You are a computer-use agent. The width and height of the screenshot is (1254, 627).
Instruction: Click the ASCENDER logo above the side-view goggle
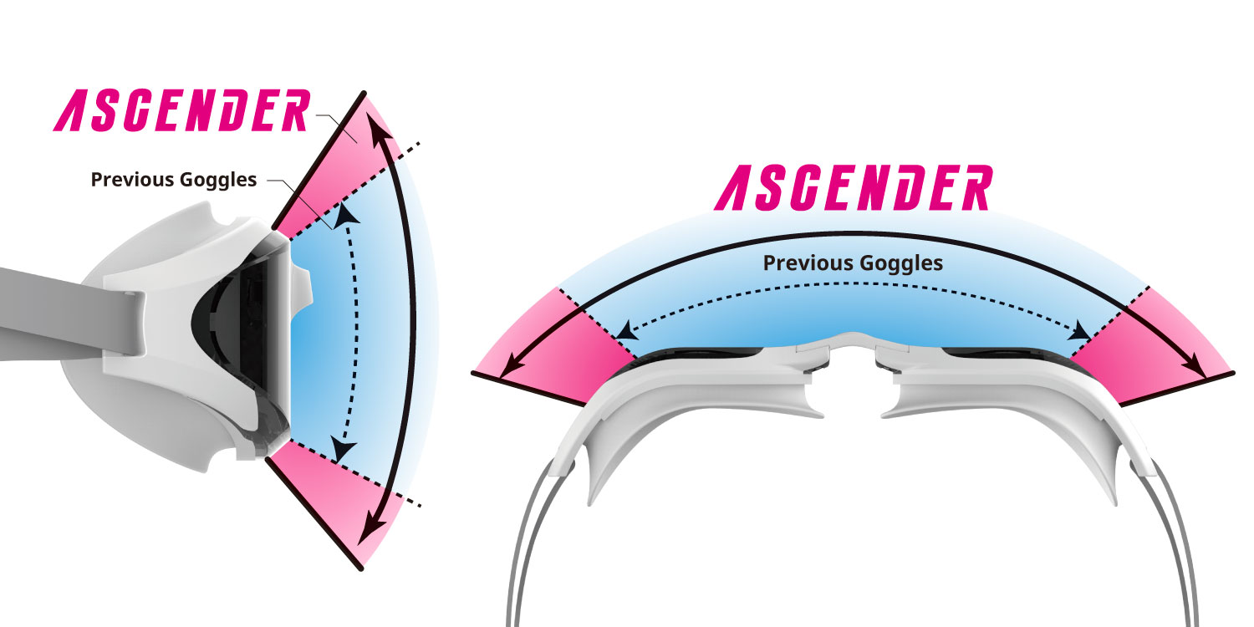[182, 110]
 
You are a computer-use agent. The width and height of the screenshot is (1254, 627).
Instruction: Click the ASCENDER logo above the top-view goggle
[854, 187]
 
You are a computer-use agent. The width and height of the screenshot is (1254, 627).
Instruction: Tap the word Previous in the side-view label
[132, 179]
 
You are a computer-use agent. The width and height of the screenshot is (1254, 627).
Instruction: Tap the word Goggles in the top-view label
[901, 263]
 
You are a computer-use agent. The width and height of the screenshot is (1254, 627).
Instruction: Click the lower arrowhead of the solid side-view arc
[371, 530]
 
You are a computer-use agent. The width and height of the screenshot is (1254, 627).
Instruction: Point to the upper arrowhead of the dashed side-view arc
[347, 216]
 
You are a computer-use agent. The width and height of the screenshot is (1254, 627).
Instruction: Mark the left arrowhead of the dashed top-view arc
[626, 330]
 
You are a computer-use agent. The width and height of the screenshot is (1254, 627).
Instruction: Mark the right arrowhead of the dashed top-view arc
[1078, 331]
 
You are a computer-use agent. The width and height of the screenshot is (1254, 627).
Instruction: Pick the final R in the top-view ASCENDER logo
[972, 187]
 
